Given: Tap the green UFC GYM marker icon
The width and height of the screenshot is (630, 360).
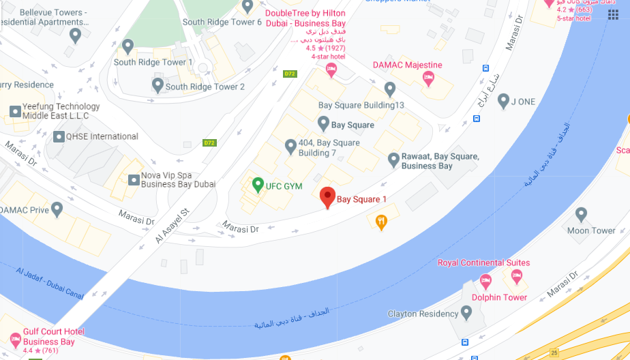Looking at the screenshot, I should click(258, 184).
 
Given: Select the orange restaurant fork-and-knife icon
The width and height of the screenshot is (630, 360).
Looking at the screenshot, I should click(381, 221).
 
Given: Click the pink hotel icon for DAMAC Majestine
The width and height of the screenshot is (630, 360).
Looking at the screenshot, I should click(429, 79).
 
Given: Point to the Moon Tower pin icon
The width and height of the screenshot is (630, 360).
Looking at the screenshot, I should click(581, 214).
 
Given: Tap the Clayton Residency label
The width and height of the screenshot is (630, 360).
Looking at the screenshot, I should click(423, 314).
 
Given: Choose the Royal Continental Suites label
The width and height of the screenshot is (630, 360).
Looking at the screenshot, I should click(483, 262).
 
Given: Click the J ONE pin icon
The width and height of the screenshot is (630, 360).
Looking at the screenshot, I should click(503, 102).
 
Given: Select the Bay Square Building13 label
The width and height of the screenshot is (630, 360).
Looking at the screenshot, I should click(361, 105).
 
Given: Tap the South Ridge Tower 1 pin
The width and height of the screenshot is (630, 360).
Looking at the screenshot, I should click(127, 46).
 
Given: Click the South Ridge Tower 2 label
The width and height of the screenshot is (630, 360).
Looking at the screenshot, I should click(205, 87).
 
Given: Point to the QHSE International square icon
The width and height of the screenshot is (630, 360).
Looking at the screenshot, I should click(59, 136).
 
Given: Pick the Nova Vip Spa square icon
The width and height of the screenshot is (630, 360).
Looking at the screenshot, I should click(134, 179).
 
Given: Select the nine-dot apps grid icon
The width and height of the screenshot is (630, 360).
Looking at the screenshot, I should click(613, 15).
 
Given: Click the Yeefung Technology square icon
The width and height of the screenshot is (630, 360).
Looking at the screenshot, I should click(15, 111).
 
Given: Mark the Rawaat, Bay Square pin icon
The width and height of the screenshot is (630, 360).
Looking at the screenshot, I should click(393, 160).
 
